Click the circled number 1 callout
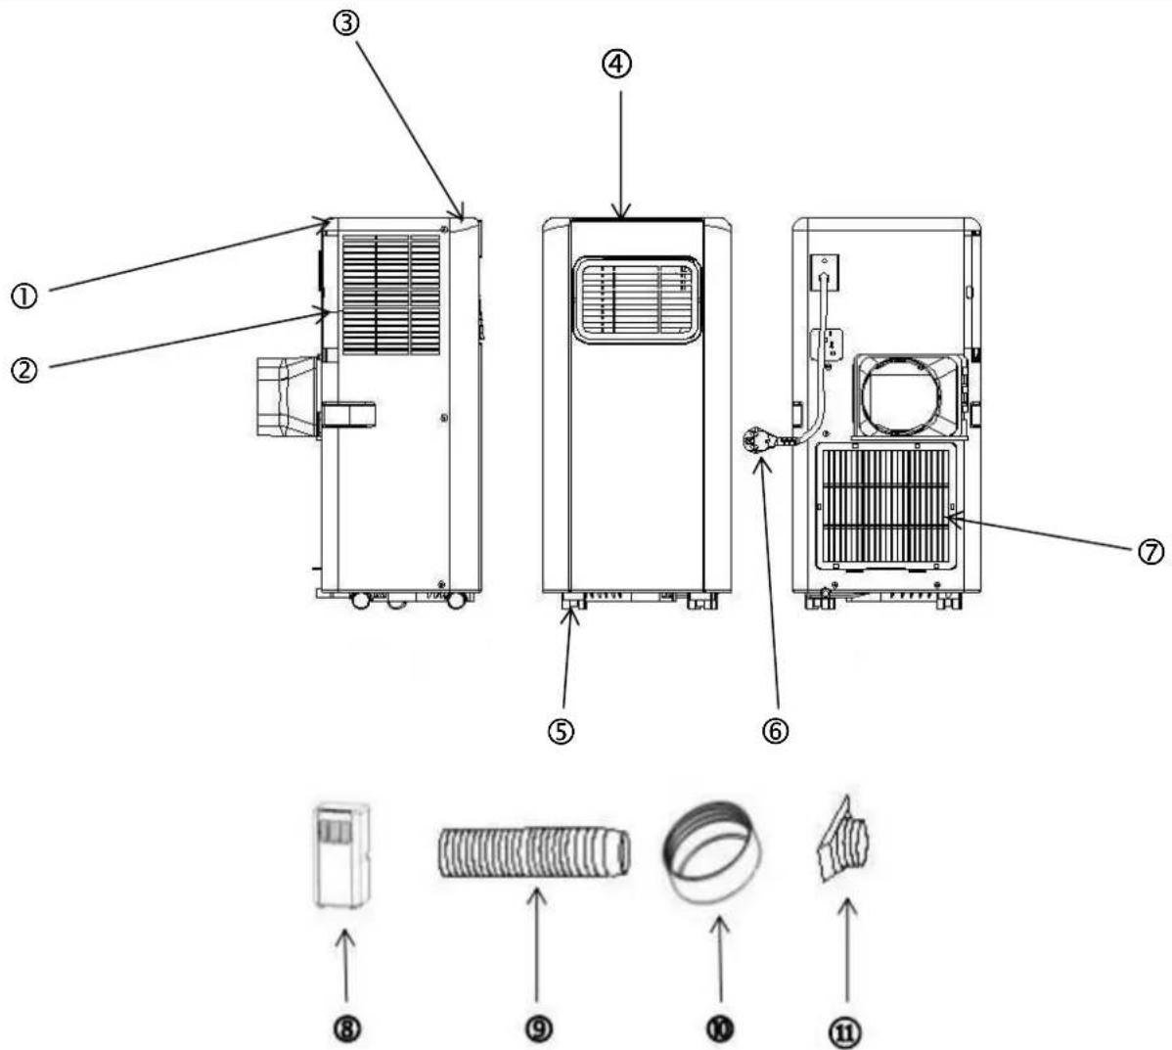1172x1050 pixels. coord(23,297)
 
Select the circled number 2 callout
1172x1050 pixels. coord(24,370)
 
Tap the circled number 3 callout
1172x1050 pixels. coord(346,23)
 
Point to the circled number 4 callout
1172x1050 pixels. coord(617,65)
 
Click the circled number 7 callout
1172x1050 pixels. coord(1151,553)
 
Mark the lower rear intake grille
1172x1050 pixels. coord(886,505)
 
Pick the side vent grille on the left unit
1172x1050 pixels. coord(391,294)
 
